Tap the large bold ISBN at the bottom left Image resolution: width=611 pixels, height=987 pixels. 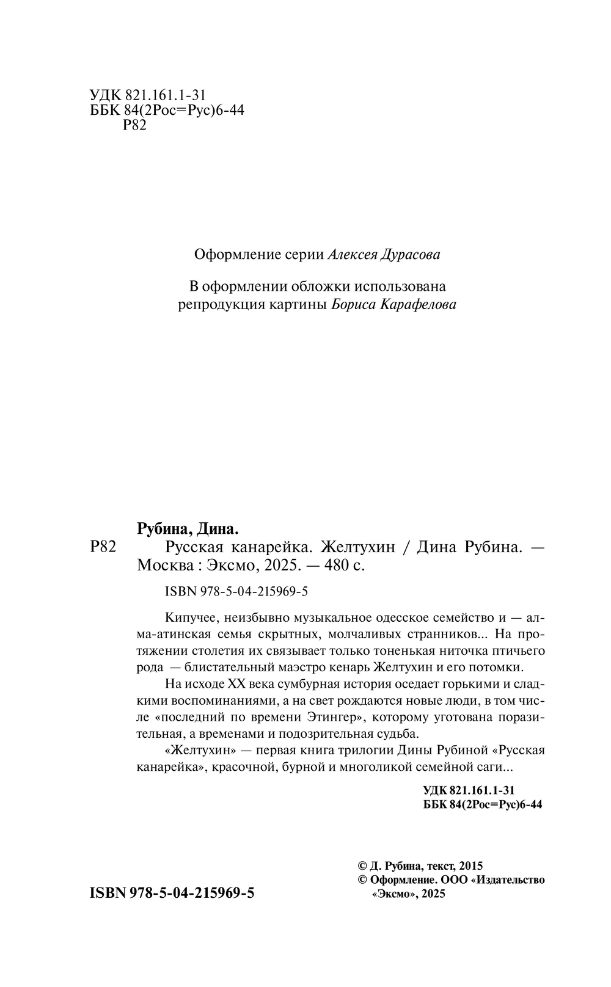pyautogui.click(x=172, y=893)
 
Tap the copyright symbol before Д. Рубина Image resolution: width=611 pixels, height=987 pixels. pyautogui.click(x=362, y=866)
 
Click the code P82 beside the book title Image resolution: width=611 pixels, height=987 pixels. pyautogui.click(x=103, y=547)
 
